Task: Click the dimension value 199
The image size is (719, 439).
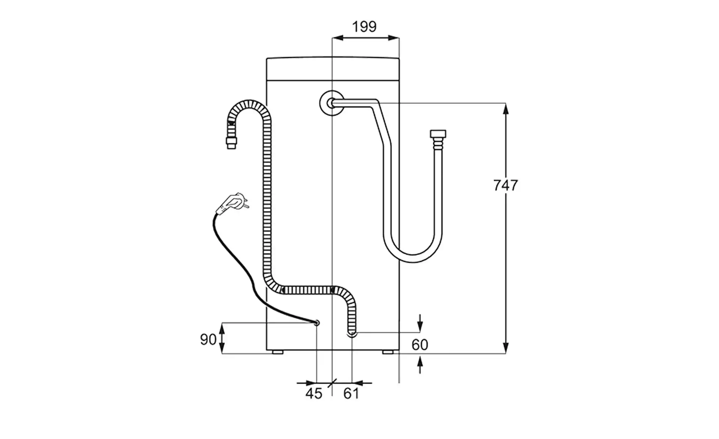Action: coord(364,27)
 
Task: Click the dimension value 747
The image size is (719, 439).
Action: coord(506,185)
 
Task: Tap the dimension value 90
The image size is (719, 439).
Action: coord(208,339)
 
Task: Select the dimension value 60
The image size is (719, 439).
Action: coord(419,345)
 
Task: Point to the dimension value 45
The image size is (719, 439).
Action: coord(314,393)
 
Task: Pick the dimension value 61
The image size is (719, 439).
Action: coord(351,393)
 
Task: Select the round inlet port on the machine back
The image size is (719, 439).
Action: coord(331,103)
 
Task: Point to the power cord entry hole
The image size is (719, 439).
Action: coord(317,323)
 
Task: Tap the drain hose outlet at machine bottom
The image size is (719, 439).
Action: coord(352,333)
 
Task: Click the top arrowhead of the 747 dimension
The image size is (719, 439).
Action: coord(506,109)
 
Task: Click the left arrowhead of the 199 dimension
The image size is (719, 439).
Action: coord(338,38)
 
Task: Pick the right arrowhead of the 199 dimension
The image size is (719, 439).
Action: coord(393,38)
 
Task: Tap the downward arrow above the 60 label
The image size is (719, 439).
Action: coord(420,323)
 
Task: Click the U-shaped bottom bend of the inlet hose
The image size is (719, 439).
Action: coord(413,257)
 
